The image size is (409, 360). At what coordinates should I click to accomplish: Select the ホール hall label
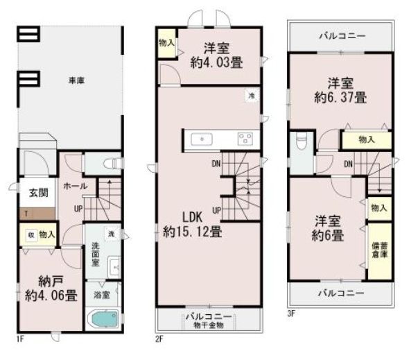[74, 186]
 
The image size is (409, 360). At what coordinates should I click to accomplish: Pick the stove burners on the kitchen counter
[245, 139]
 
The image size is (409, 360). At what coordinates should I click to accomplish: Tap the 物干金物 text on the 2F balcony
[208, 325]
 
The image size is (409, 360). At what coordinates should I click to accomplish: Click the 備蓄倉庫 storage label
[378, 250]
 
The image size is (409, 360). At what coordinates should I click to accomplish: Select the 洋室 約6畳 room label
[326, 229]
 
